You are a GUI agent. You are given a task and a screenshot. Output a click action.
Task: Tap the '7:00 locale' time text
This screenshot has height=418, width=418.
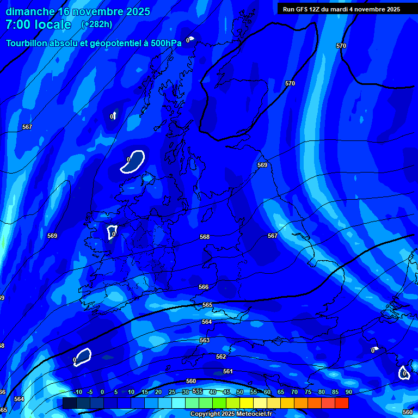point(38,24)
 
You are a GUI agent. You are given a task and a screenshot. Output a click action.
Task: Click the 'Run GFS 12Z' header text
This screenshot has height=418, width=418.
point(303,9)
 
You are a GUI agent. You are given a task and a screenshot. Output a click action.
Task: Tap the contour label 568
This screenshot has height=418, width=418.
point(205,237)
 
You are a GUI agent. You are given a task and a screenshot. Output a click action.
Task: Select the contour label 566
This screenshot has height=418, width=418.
point(204,287)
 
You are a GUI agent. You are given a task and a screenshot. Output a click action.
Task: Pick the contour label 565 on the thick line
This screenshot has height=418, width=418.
point(207,305)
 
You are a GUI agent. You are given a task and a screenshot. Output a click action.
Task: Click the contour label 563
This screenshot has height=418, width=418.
point(205,340)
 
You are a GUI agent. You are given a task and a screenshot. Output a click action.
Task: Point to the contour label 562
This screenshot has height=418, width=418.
point(221,356)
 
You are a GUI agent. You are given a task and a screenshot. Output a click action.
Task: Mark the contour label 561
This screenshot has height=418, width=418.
point(228,371)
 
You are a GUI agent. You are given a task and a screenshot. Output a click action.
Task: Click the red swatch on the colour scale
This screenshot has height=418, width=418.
point(341,403)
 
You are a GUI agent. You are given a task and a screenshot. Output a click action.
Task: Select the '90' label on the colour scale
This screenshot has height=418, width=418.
point(348,392)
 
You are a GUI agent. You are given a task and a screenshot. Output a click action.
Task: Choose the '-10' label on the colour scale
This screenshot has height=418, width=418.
point(77,392)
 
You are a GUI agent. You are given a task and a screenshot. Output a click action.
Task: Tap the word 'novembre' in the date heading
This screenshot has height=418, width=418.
point(99,11)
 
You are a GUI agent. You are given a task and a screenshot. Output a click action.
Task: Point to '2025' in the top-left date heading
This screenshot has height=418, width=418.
point(139,11)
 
